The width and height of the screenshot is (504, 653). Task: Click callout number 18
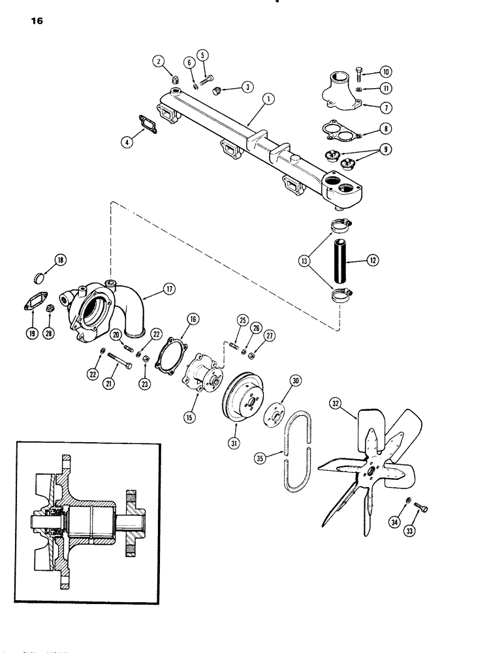tap(61, 261)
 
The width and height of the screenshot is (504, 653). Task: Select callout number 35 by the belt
tap(260, 459)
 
